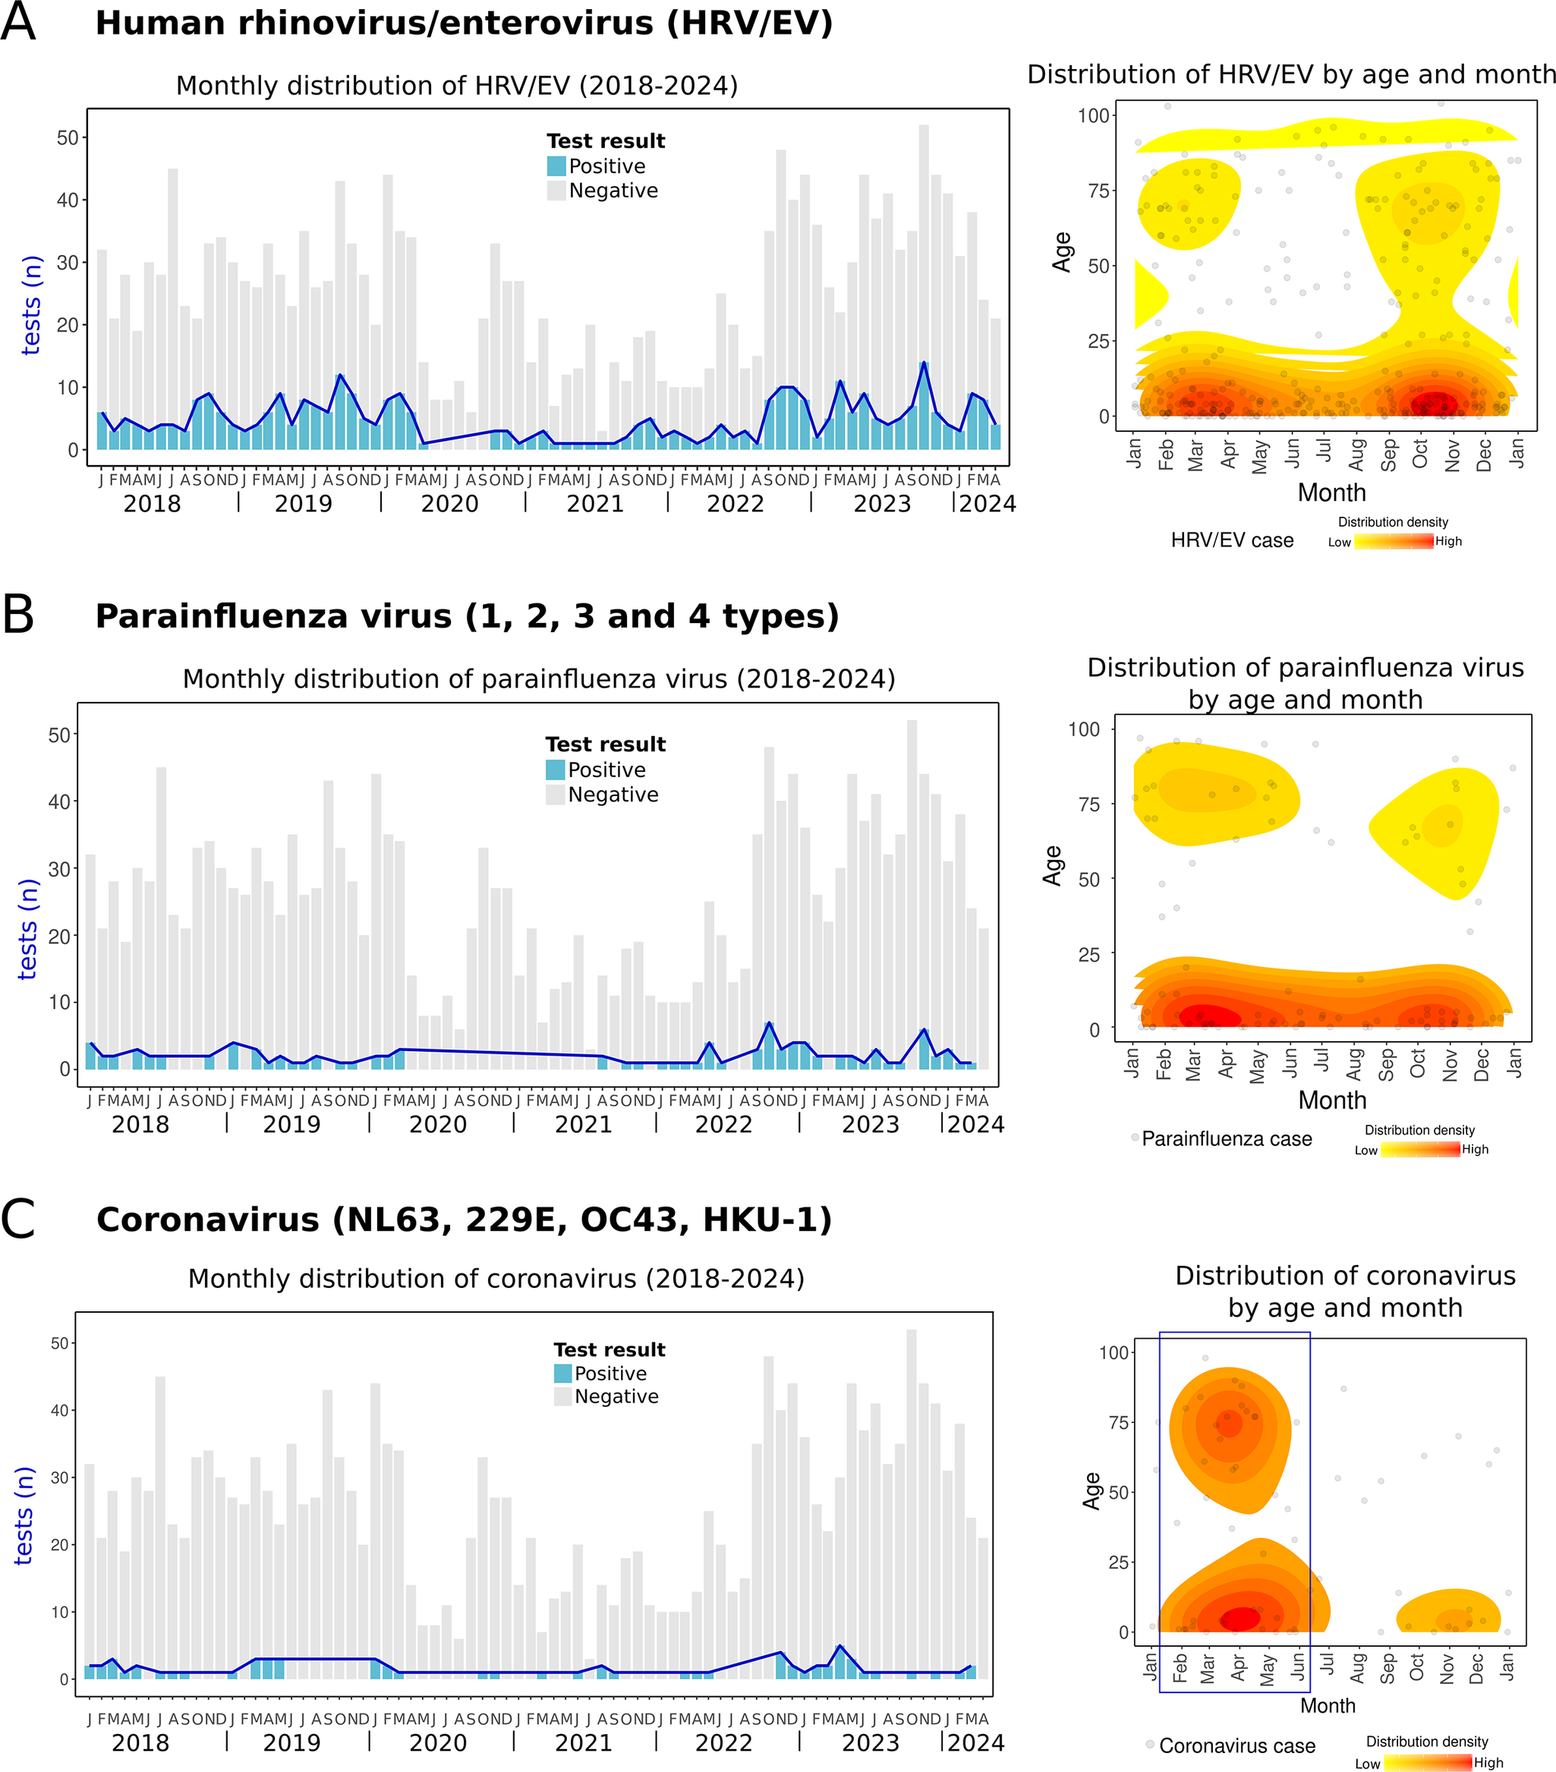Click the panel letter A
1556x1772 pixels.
[18, 22]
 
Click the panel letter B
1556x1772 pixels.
[18, 615]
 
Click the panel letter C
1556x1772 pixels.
[18, 1218]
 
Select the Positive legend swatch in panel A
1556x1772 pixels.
[556, 165]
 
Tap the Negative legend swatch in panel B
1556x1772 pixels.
[555, 794]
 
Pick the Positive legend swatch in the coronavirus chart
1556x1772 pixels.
[562, 1374]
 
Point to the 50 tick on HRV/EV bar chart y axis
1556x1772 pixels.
[67, 138]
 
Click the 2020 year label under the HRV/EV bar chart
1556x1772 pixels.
[449, 504]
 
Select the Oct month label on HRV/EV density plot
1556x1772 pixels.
[1420, 453]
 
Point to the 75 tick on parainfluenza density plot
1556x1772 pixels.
[1084, 804]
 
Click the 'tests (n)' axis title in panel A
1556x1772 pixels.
[31, 305]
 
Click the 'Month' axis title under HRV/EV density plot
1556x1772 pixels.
[1331, 493]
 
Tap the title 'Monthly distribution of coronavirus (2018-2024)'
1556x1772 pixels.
[496, 1279]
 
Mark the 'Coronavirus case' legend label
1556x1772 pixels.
[1237, 1745]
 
